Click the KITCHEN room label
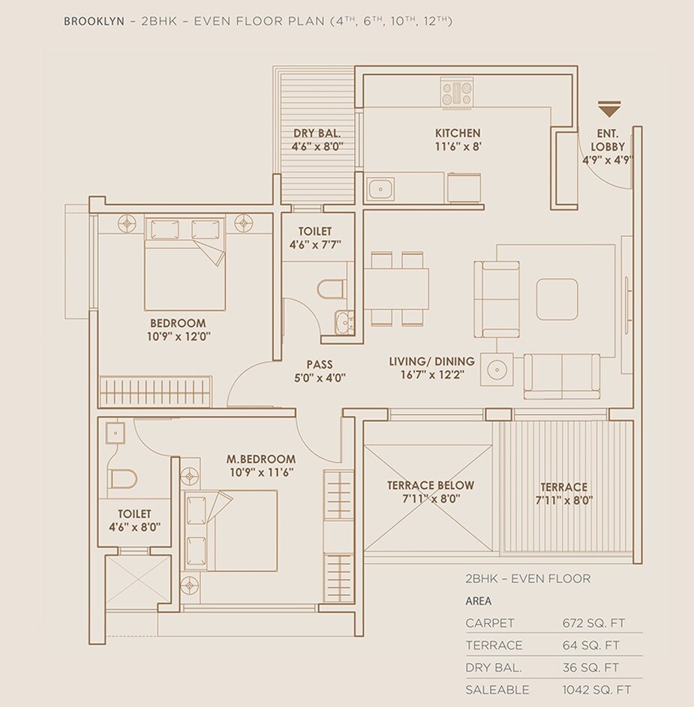(458, 133)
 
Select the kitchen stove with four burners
(457, 94)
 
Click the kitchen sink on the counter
(380, 187)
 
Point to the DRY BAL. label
(317, 134)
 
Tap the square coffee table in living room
(557, 299)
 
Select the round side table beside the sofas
(496, 370)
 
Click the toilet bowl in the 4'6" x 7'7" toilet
(330, 288)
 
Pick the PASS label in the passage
(320, 364)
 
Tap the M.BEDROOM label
(261, 459)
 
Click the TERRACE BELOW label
(431, 486)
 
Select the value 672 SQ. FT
(593, 622)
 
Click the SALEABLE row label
(497, 690)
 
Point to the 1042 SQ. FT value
(597, 690)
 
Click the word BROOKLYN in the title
(95, 22)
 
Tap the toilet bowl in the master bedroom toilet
(122, 478)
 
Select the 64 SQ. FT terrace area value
(590, 645)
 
